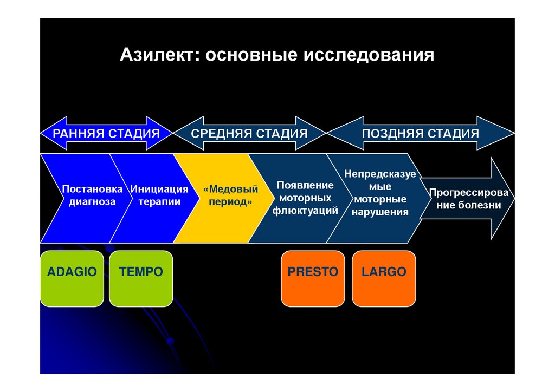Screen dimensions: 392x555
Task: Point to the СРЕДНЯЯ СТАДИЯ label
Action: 249,133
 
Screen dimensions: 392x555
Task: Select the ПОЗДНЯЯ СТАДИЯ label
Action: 421,133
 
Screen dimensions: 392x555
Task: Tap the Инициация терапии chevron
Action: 159,196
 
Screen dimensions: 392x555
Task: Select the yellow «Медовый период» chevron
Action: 230,196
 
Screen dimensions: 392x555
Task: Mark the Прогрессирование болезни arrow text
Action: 469,199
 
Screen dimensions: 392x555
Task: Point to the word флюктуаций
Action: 305,211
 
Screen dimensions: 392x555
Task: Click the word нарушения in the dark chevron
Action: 380,212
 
